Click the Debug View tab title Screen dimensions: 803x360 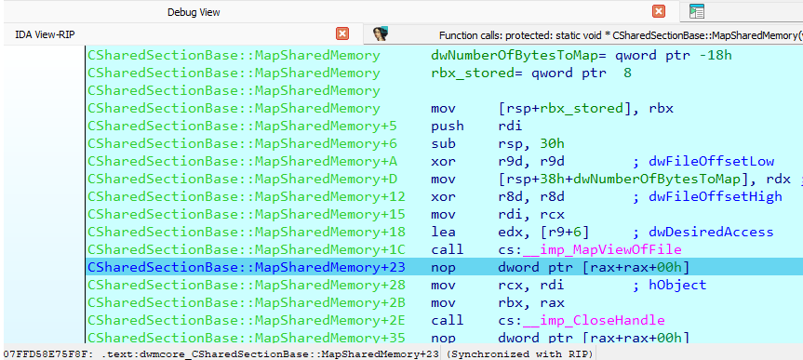tap(194, 12)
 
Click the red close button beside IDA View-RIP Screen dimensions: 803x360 tap(342, 33)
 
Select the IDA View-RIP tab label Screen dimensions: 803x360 tap(47, 34)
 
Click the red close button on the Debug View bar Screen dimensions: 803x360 tap(659, 11)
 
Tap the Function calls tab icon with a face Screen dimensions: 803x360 tap(380, 33)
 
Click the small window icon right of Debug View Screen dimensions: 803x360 tap(697, 11)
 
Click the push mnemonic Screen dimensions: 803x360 tap(448, 126)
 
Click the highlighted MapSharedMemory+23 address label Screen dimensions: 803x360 tap(247, 267)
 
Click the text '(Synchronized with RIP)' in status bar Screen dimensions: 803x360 tap(519, 354)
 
